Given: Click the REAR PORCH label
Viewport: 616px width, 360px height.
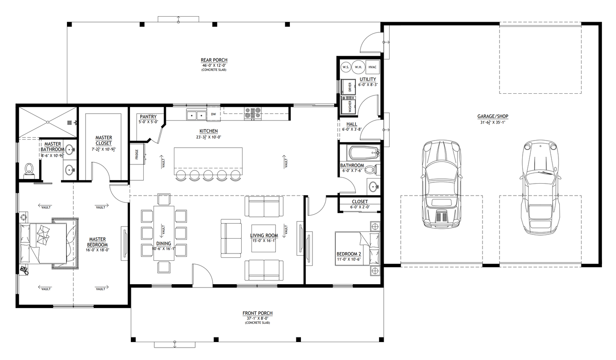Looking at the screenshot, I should click(x=214, y=60).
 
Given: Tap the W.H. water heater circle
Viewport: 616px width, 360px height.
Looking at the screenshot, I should click(x=358, y=67).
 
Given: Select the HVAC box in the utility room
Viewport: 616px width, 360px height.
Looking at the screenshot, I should click(x=372, y=67).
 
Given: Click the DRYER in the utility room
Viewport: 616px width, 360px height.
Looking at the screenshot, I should click(x=349, y=87).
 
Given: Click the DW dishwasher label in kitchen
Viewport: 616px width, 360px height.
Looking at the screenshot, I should click(x=213, y=114).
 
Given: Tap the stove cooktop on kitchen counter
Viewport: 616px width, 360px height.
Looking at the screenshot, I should click(x=252, y=113).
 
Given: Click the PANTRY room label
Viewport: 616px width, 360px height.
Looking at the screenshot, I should click(x=148, y=117).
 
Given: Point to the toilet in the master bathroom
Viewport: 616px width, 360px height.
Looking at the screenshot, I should click(x=29, y=169).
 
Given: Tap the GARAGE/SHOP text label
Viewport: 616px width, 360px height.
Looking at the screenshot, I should click(x=492, y=116).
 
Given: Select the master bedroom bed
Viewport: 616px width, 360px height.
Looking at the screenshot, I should click(x=45, y=244).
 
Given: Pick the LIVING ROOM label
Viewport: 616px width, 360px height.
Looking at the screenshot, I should click(x=264, y=235).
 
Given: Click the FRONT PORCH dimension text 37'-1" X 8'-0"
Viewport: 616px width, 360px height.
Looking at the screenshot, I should click(x=257, y=318).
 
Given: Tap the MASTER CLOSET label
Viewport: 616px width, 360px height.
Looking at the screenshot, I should click(x=104, y=140).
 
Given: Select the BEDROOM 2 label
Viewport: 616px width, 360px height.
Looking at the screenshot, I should click(x=349, y=254).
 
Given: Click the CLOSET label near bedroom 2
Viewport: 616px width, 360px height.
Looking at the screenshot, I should click(x=360, y=202).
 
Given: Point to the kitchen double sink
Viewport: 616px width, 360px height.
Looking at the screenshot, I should click(x=196, y=115).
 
